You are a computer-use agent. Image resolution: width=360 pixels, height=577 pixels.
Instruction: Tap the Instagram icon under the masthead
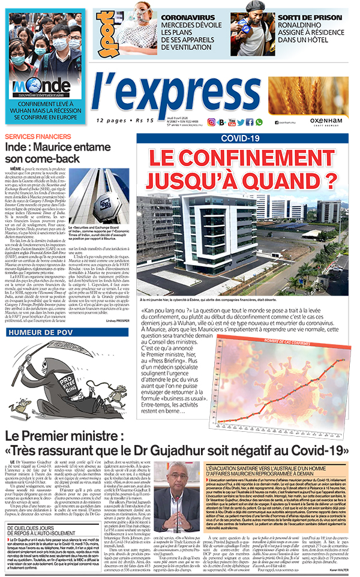coord(211,122)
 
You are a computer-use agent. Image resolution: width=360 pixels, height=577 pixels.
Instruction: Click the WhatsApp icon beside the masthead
coord(259,122)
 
